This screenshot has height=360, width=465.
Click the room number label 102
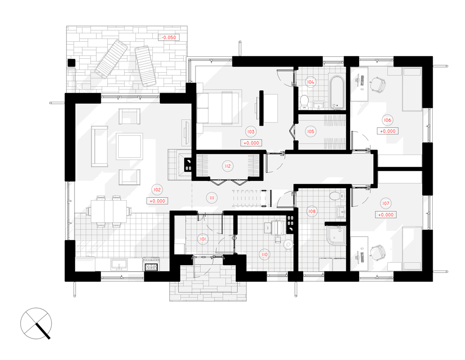157,190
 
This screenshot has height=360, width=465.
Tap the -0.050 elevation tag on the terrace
169,37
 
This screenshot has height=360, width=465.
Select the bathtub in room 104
337,92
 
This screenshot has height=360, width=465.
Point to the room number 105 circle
310,131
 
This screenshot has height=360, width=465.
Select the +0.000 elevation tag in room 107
385,215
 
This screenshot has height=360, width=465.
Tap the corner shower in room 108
336,236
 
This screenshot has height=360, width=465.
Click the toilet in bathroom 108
337,196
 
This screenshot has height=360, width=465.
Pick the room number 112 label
227,166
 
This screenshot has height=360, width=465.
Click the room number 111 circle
212,198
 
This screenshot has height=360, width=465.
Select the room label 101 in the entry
203,239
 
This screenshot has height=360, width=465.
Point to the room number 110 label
264,255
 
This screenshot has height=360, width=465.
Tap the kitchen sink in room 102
119,264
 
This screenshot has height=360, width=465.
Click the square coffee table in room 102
129,146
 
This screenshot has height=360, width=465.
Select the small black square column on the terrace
71,63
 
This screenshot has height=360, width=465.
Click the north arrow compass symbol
36,323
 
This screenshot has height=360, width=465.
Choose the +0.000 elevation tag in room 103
251,143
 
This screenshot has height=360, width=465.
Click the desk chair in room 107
377,253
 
